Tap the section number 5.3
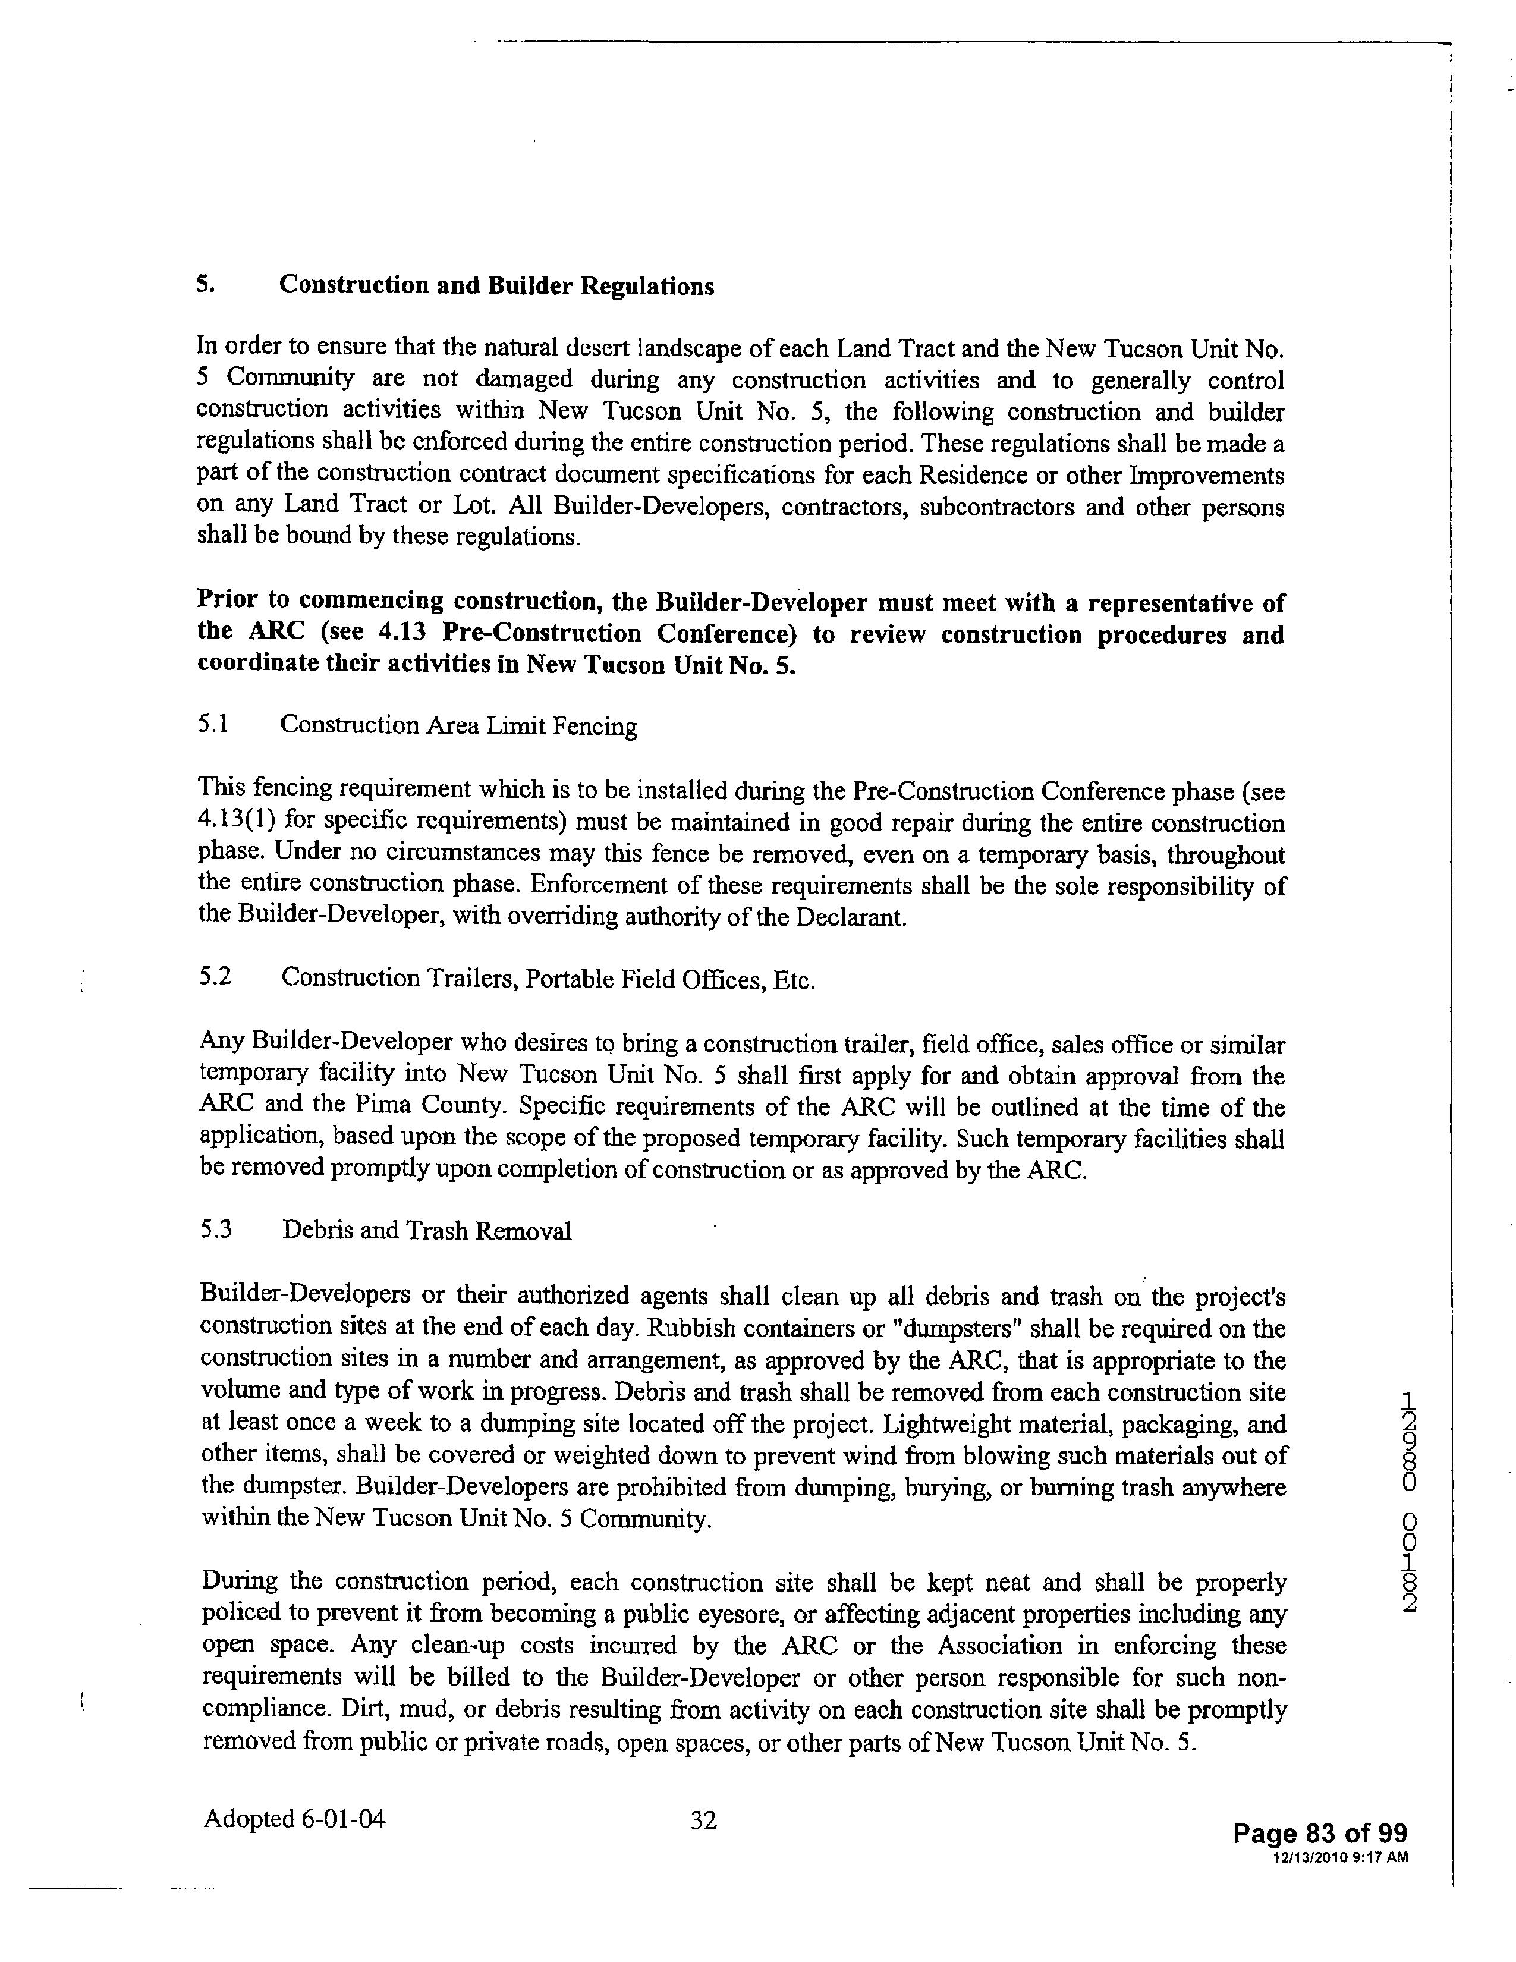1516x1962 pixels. (x=216, y=1230)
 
